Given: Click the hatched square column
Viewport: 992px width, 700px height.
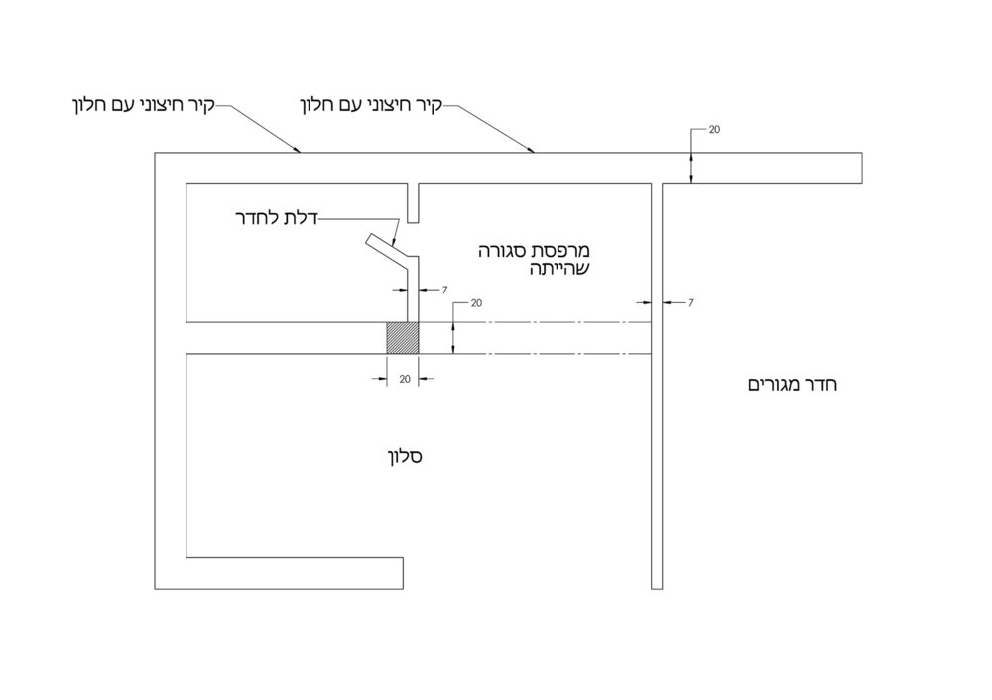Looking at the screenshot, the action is coord(403,338).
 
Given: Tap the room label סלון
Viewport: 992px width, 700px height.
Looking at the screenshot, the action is coord(405,456).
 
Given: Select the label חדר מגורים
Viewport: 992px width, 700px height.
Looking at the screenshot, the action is coord(793,385).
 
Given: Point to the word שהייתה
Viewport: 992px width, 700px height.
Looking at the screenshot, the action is coord(559,268).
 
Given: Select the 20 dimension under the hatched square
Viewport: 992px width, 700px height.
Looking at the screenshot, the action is coord(405,379).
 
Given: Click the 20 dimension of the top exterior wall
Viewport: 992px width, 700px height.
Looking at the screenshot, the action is coord(714,130).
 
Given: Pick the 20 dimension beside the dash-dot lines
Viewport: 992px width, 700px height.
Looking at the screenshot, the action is coord(476,303).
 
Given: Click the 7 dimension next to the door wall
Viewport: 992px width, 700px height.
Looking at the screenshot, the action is coord(444,291).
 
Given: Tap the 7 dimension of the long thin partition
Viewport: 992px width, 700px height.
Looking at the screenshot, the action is coord(690,303).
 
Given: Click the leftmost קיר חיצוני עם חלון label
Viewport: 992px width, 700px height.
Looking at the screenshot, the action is coord(144,106).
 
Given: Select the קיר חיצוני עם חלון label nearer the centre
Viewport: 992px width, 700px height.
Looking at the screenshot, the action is coord(371,106).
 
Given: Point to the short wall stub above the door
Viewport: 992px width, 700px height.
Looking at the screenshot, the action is coord(413,203).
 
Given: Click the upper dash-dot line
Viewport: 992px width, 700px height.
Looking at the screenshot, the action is coord(536,322).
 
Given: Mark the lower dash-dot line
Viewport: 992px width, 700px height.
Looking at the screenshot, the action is coord(536,354).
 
